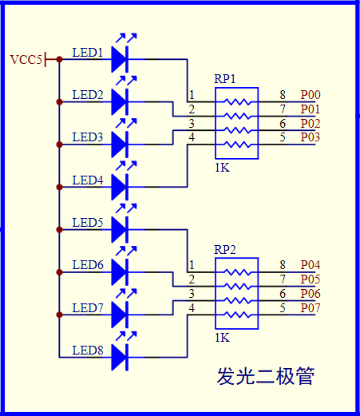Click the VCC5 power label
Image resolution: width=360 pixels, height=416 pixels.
[26, 59]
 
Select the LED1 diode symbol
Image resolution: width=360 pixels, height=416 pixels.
[120, 58]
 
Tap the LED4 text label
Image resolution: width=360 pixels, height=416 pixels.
[88, 180]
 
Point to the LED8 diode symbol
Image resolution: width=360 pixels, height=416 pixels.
[120, 357]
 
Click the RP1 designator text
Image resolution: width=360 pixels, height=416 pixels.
[224, 79]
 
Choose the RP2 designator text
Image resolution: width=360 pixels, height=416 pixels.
[224, 249]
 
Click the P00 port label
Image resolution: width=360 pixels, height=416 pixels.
[311, 95]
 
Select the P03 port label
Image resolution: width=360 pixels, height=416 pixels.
[311, 138]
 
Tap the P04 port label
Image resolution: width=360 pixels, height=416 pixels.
[311, 265]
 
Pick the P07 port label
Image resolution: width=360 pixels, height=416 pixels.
[311, 308]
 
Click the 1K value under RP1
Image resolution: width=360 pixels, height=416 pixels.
[223, 168]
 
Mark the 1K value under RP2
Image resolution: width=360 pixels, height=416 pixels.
[223, 338]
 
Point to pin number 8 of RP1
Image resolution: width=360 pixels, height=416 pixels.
[283, 95]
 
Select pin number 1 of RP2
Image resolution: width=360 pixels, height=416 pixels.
[192, 265]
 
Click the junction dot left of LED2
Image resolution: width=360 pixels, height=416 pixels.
[59, 101]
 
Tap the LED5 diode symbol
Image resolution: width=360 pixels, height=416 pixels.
[120, 229]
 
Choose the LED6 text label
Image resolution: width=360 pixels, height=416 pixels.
[88, 265]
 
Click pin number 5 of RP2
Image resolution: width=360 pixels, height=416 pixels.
[283, 308]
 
